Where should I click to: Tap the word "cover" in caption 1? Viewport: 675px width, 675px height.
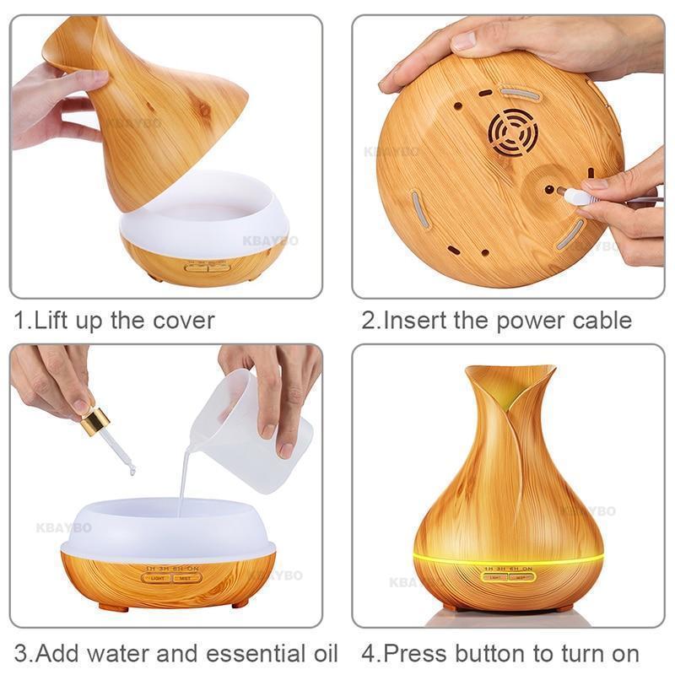[x=183, y=321]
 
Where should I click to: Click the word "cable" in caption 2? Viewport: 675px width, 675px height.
[x=599, y=321]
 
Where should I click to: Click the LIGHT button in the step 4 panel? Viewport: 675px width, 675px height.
[x=495, y=577]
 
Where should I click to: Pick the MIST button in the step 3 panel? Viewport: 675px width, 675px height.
[x=187, y=578]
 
